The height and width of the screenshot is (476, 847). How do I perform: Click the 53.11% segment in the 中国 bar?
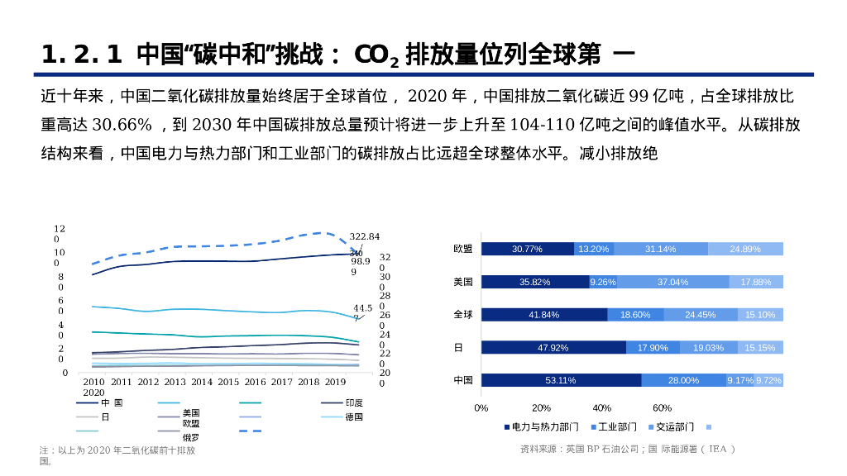coord(561,380)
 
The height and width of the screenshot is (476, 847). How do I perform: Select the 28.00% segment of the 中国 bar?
coord(683,380)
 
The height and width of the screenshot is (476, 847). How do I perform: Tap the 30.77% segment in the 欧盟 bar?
coord(527,249)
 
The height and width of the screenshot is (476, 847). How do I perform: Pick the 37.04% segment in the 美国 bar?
coord(672,282)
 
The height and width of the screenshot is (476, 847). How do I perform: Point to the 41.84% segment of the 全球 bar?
coord(544,315)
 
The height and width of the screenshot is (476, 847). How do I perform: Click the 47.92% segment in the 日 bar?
coord(553,348)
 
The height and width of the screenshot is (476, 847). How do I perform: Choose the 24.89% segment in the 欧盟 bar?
coord(744,249)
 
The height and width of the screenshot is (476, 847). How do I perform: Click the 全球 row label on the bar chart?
coord(463,315)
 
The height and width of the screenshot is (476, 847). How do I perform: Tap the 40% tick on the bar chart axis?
coord(601,407)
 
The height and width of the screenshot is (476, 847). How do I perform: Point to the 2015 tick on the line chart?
coord(228,382)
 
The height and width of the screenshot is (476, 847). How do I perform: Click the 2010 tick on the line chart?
coord(93,382)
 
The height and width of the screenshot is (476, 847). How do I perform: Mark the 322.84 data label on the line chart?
coord(364,236)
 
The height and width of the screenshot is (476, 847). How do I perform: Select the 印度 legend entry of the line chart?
coord(354,403)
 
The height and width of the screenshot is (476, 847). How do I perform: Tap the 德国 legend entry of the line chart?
coord(354,416)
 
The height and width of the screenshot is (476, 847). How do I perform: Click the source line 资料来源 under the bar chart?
coord(627,449)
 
